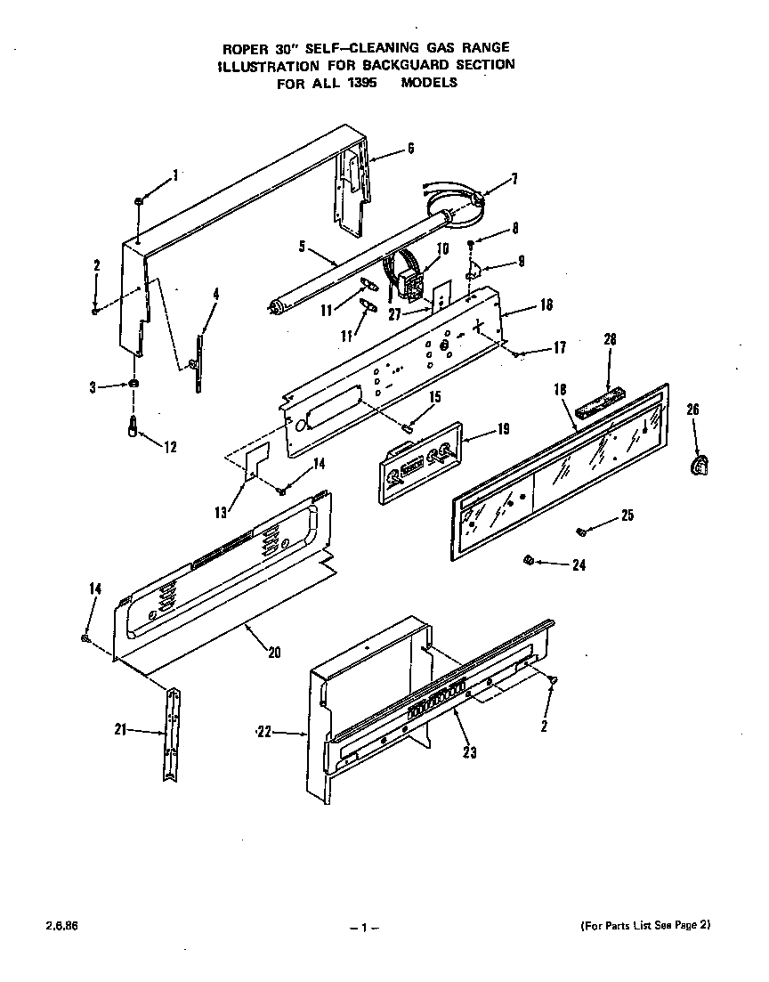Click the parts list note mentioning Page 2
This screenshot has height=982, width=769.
644,925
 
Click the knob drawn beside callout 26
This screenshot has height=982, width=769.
700,465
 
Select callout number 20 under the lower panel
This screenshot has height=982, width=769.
273,652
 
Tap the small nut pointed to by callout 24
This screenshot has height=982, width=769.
527,560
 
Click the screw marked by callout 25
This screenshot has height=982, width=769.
580,532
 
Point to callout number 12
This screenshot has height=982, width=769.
169,447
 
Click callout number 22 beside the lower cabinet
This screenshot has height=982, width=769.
263,732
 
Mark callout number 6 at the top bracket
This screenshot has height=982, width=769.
410,150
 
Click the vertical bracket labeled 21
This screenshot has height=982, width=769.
171,733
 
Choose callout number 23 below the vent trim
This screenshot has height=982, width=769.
469,752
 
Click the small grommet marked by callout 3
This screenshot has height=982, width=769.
134,384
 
